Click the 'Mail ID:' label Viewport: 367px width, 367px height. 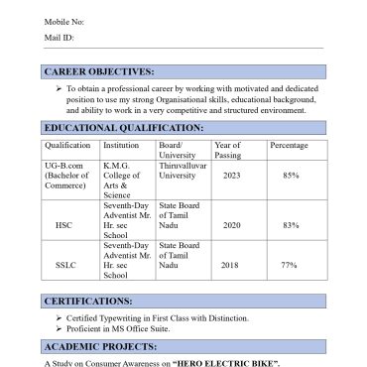(58, 38)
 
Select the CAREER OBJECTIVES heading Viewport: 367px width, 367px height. (99, 71)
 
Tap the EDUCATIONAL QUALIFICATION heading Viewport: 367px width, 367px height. (124, 128)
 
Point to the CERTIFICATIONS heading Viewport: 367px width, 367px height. (88, 301)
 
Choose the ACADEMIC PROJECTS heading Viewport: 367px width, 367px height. (100, 346)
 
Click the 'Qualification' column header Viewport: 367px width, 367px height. (68, 146)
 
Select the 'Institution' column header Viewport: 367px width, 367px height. (121, 146)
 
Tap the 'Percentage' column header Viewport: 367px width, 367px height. (289, 146)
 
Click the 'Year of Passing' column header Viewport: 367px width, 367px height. (228, 151)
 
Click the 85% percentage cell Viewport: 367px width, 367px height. (291, 176)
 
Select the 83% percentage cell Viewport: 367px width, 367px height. (291, 225)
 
